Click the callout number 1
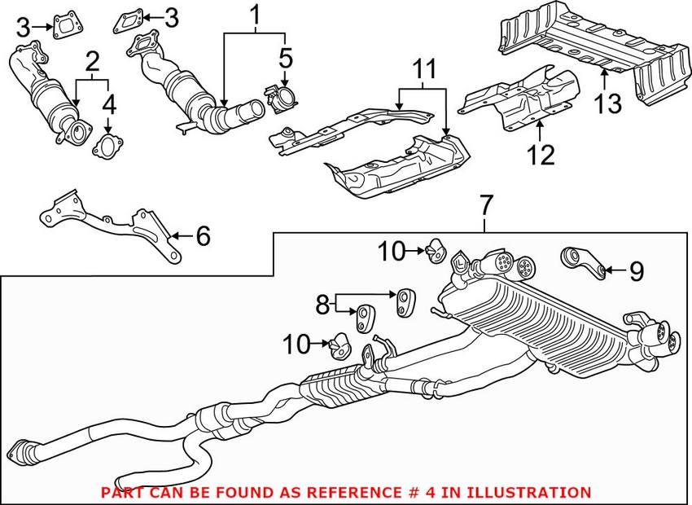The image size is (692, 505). point(256,14)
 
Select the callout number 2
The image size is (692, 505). point(93,60)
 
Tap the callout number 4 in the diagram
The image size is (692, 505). point(108,104)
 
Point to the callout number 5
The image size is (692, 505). point(284,58)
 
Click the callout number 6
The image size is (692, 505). point(203,236)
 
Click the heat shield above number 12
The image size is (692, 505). point(525,102)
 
